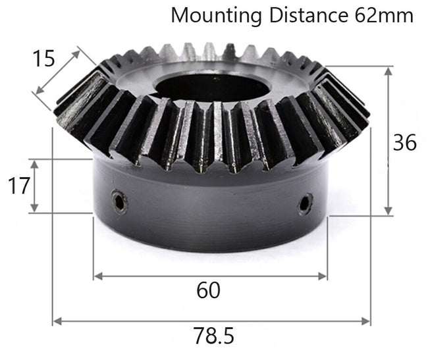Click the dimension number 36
point(404,141)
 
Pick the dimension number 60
point(208,290)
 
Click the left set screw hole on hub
point(119,202)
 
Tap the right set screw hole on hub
point(304,203)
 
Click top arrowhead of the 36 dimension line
point(388,70)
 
